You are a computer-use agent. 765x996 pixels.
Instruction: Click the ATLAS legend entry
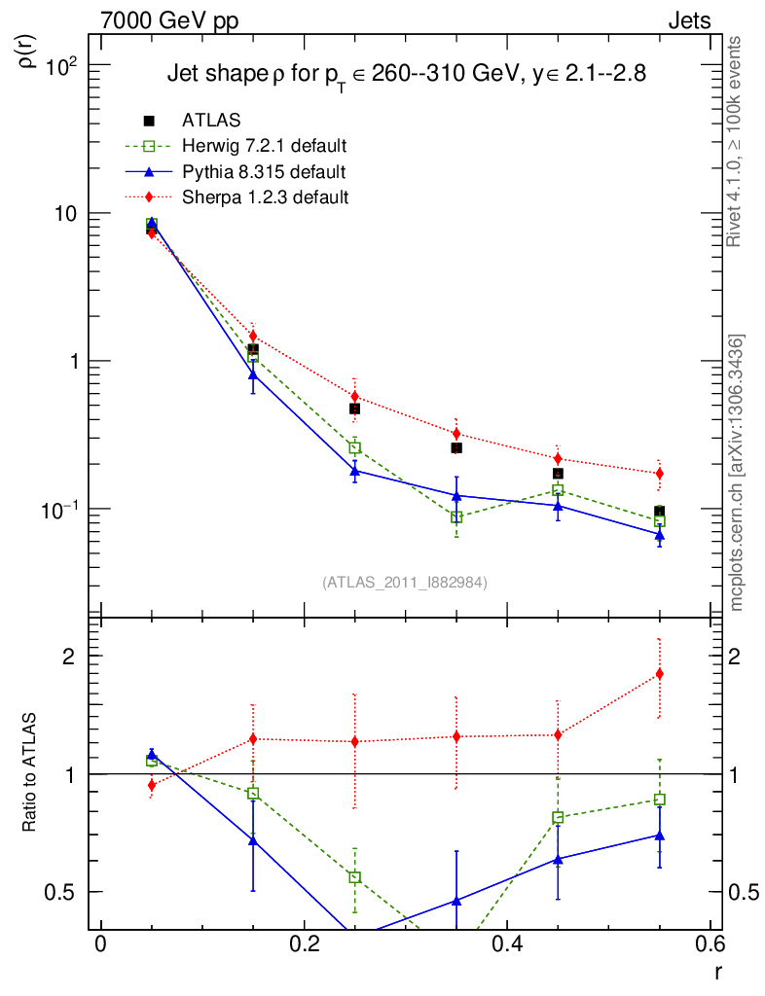(x=211, y=121)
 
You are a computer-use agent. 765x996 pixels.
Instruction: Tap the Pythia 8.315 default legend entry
(x=263, y=171)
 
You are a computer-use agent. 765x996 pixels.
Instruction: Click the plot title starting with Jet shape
(x=406, y=74)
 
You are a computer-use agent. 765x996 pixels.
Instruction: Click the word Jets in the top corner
(x=689, y=20)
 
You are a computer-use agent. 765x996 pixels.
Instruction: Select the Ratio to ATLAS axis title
(x=30, y=772)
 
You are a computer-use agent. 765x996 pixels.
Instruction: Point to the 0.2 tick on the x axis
(x=304, y=943)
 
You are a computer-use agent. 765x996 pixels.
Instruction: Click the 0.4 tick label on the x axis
(x=506, y=943)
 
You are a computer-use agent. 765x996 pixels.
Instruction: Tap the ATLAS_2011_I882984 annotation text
(x=405, y=583)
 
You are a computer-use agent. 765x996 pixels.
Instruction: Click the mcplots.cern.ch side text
(x=738, y=472)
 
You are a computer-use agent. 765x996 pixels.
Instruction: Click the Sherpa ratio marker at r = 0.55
(x=660, y=674)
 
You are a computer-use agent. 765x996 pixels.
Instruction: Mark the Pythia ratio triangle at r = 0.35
(x=456, y=901)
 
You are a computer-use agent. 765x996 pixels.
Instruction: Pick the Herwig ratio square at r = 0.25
(x=355, y=877)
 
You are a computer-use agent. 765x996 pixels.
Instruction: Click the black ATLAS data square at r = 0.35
(x=456, y=448)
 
